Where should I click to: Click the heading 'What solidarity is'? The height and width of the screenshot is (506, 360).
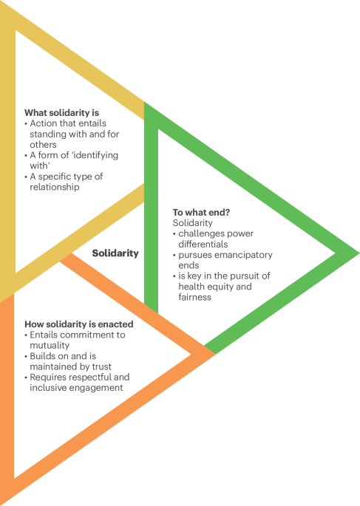61,113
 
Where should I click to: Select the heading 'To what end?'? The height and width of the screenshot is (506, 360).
201,212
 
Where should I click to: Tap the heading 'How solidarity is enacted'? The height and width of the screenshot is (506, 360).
79,324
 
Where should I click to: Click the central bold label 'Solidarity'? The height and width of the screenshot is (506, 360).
115,253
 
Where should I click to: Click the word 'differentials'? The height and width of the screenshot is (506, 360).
203,244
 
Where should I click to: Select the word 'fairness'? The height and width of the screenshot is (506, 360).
194,297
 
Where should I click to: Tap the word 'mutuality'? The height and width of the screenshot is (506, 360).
50,346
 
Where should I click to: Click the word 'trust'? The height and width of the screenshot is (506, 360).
101,366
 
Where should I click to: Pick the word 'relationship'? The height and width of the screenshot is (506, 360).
55,187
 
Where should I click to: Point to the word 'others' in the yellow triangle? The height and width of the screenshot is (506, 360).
43,145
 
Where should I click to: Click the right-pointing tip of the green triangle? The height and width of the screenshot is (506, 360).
359,253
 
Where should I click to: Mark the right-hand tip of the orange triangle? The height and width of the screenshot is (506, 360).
214,354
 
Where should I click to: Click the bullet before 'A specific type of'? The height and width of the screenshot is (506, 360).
26,177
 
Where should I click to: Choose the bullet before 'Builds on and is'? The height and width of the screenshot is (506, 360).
26,356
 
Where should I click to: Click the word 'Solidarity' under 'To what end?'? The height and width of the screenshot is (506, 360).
192,223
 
